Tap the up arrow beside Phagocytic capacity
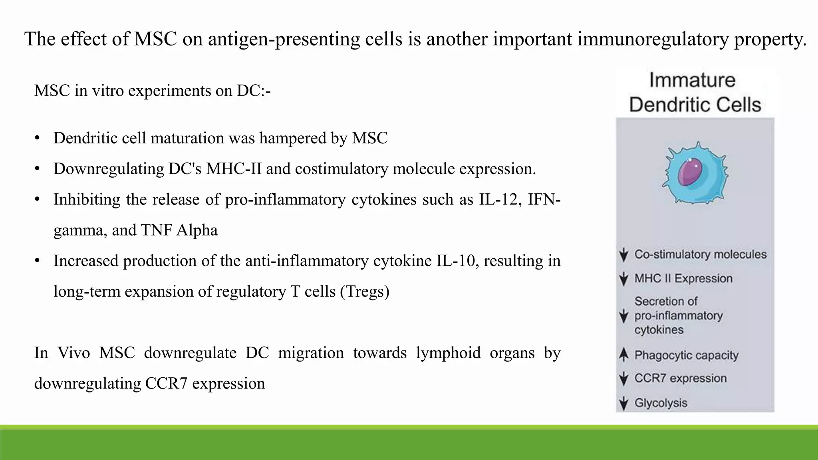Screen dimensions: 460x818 623,355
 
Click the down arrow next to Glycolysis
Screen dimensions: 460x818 623,403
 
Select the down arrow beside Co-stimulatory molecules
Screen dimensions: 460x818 623,255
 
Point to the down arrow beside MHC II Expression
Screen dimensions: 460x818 623,279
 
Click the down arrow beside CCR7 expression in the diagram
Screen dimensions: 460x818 623,379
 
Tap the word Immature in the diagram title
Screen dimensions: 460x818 692,80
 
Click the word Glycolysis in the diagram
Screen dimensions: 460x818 661,403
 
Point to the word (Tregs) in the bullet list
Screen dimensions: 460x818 365,291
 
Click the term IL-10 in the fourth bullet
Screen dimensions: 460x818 457,261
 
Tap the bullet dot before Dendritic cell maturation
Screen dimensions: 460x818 37,138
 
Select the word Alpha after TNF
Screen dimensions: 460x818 197,230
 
